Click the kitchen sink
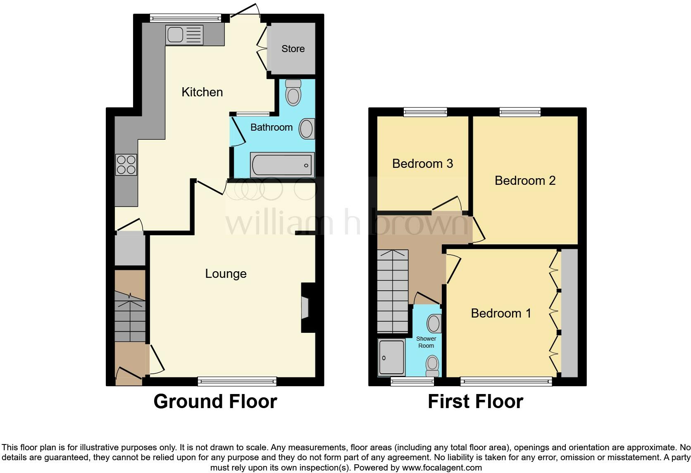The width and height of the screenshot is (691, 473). [184, 35]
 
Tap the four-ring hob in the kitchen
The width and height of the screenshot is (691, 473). [126, 165]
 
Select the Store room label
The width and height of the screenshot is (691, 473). [293, 49]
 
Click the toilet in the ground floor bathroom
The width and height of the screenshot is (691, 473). [293, 93]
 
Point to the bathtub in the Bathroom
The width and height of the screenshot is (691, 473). [282, 165]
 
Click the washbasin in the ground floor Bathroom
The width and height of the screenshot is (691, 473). [307, 129]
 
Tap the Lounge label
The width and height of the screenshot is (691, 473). [226, 274]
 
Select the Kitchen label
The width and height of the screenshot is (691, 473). [202, 92]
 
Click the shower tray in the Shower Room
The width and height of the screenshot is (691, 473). [391, 358]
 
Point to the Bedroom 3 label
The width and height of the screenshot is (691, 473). [422, 164]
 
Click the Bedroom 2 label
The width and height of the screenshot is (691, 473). [525, 181]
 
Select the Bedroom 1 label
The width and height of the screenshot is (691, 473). [501, 313]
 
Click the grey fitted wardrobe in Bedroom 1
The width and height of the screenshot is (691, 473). [569, 313]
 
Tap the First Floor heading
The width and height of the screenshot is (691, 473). [475, 401]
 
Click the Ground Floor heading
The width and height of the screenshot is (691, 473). [215, 401]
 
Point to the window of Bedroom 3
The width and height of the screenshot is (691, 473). [425, 112]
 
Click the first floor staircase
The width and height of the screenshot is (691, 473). [392, 291]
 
